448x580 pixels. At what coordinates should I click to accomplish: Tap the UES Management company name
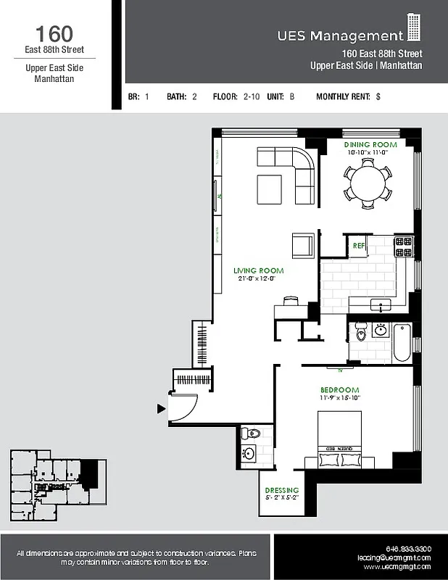click(339, 36)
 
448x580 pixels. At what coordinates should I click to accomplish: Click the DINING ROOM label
click(370, 145)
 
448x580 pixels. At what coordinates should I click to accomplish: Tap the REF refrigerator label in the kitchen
click(358, 246)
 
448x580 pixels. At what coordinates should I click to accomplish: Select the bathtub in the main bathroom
click(402, 343)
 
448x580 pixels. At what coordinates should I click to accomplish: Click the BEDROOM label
click(339, 389)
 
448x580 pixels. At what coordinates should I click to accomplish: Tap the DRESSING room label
click(282, 491)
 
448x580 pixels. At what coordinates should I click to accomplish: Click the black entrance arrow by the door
click(161, 409)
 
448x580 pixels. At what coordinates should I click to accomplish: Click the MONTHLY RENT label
click(343, 96)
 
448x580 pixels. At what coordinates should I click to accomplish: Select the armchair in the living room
click(303, 245)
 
